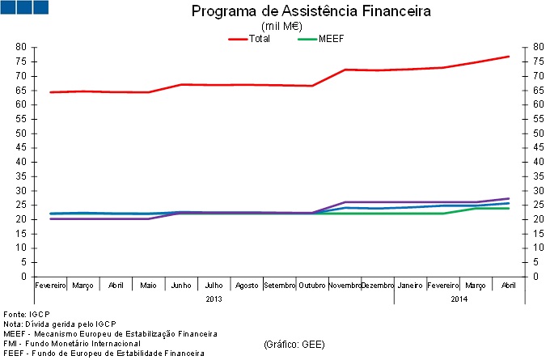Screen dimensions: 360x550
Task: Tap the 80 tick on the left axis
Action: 21,48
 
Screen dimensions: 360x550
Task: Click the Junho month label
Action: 181,286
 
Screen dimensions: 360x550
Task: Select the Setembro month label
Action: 280,286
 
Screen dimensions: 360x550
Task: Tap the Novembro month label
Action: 345,286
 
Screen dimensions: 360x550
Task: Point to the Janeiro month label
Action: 410,286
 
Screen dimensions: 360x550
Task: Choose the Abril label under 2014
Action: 508,286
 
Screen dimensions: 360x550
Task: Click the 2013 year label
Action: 214,299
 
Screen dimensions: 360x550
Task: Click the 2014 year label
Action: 459,299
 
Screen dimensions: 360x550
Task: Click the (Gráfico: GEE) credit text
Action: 294,345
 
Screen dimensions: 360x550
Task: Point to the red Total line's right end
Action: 508,57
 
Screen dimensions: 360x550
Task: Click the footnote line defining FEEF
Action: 92,354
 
